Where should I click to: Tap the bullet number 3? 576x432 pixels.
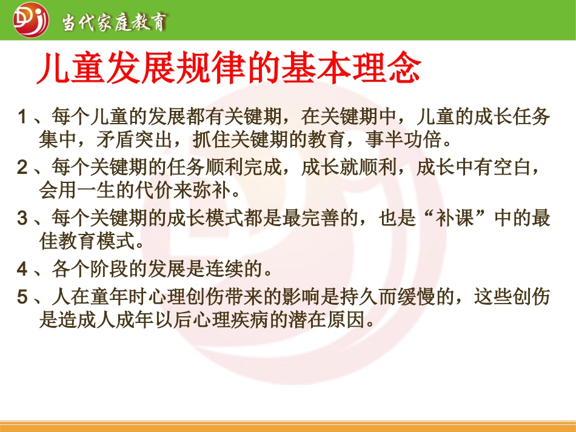coord(23,219)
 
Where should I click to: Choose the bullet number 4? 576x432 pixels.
coord(23,266)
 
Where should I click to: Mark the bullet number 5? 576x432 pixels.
coord(23,297)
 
